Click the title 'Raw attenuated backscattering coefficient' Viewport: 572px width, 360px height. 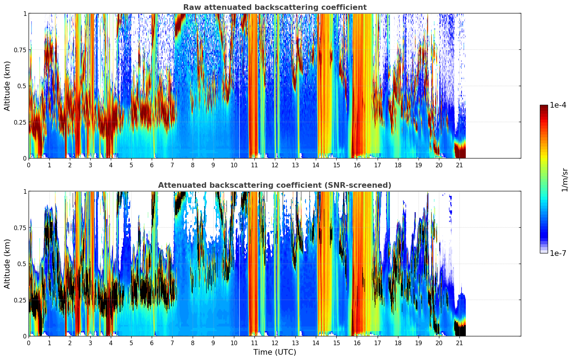coord(275,7)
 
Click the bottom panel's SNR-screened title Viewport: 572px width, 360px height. coord(275,185)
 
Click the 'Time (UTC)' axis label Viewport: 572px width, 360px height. coord(275,352)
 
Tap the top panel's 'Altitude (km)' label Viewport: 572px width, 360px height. coord(7,86)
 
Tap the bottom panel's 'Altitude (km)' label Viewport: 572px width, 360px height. coord(7,264)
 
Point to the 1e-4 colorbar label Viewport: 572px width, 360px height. coord(558,105)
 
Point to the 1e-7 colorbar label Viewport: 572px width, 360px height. coord(558,253)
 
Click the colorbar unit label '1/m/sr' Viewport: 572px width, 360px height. coord(565,180)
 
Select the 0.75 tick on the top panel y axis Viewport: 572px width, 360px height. coord(20,50)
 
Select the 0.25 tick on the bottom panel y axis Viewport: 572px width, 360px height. coord(20,300)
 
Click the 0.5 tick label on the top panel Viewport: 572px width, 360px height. coord(22,86)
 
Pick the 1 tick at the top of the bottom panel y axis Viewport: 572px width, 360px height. coord(25,192)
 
